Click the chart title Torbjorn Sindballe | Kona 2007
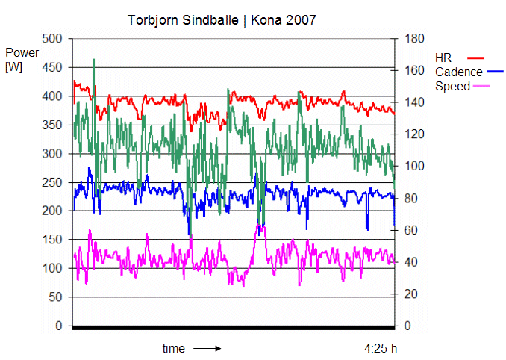pos(222,20)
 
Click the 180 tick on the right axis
pos(412,38)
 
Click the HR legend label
pos(443,58)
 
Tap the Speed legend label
pos(452,86)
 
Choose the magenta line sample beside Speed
pos(484,87)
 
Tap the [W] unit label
pos(14,67)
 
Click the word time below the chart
pos(173,348)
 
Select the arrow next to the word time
pos(207,348)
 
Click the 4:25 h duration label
pos(381,348)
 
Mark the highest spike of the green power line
pos(94,60)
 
